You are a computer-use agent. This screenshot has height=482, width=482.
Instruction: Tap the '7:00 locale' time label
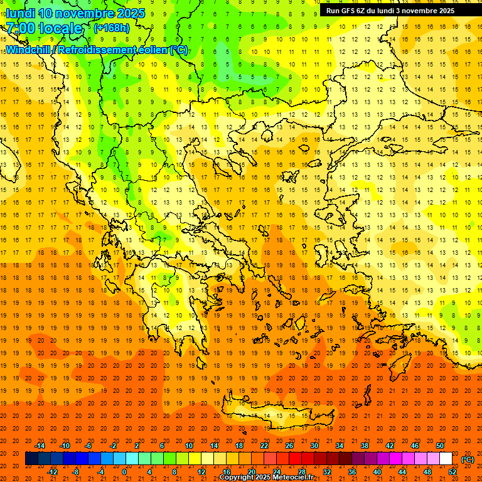[45, 28]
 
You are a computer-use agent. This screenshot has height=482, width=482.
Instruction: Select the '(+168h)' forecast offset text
[112, 28]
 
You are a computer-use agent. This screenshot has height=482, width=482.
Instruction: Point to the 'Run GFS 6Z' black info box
[390, 10]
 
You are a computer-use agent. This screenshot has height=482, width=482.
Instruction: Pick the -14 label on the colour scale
[40, 446]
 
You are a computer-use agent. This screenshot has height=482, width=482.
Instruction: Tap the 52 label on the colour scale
[453, 472]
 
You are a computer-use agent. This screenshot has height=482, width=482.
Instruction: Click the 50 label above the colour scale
[440, 446]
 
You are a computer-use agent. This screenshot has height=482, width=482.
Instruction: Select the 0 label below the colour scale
[124, 472]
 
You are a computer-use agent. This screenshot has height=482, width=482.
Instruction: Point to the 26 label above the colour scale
[289, 446]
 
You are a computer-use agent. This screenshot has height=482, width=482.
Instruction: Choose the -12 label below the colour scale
[53, 472]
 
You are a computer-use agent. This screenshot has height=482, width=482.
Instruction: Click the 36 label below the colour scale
[352, 472]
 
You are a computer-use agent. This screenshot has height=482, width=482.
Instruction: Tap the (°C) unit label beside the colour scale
[468, 459]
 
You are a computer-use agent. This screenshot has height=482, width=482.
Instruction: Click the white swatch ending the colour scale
[446, 459]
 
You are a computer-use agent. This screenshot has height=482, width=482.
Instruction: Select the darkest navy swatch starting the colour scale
[31, 459]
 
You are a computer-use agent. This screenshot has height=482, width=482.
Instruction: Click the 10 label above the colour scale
[189, 446]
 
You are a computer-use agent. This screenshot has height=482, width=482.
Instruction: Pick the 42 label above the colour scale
[390, 446]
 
